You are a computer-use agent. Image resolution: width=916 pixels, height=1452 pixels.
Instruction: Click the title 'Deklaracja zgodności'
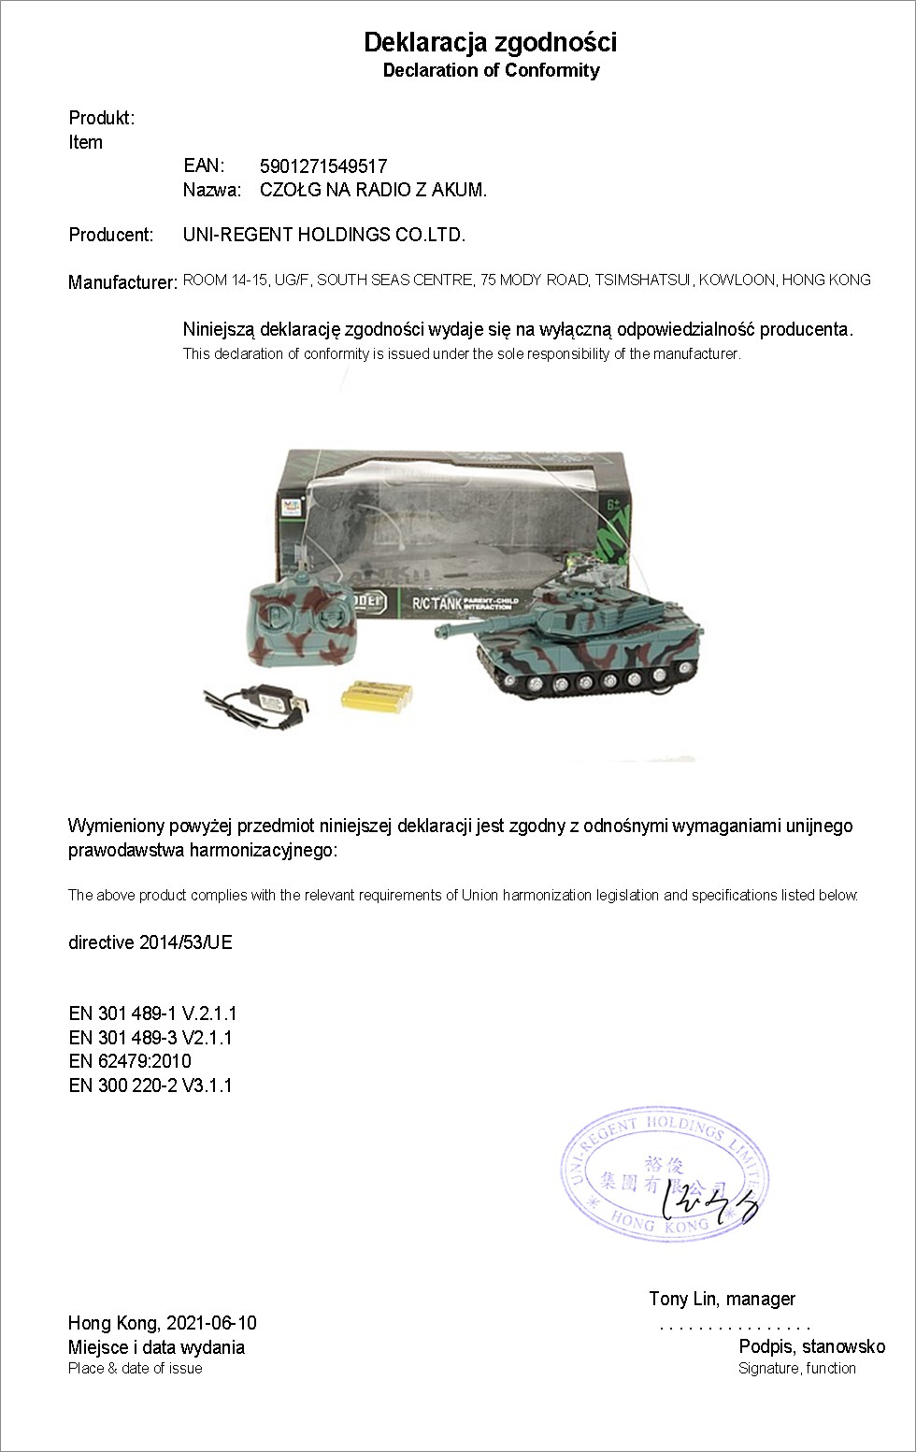tap(490, 42)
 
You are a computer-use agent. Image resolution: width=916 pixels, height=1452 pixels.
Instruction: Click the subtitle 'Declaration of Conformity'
tap(491, 70)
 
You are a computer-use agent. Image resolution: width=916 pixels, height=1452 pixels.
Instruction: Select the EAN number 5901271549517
tap(323, 166)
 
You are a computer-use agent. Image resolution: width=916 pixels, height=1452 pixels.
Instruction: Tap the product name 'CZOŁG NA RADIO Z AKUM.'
tap(373, 190)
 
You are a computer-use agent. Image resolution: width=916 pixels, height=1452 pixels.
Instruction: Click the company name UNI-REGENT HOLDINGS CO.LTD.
tap(323, 235)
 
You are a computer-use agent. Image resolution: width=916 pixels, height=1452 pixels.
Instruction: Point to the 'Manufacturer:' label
tap(122, 282)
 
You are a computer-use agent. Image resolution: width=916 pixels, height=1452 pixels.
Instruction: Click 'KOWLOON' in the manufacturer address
tap(737, 280)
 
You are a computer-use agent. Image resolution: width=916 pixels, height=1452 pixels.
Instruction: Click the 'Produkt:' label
tap(102, 118)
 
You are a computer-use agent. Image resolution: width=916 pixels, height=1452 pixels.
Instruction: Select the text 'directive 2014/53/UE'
tap(150, 942)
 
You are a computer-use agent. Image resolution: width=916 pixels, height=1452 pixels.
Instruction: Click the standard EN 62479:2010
tap(130, 1061)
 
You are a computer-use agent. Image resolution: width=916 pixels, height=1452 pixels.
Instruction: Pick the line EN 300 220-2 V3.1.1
tap(150, 1085)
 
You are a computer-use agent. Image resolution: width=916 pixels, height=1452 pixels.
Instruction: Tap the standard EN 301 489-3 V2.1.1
tap(150, 1038)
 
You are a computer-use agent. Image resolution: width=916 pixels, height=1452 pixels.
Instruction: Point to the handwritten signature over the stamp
tap(710, 1206)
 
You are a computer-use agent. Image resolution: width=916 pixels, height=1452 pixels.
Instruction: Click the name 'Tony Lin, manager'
tap(722, 1299)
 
